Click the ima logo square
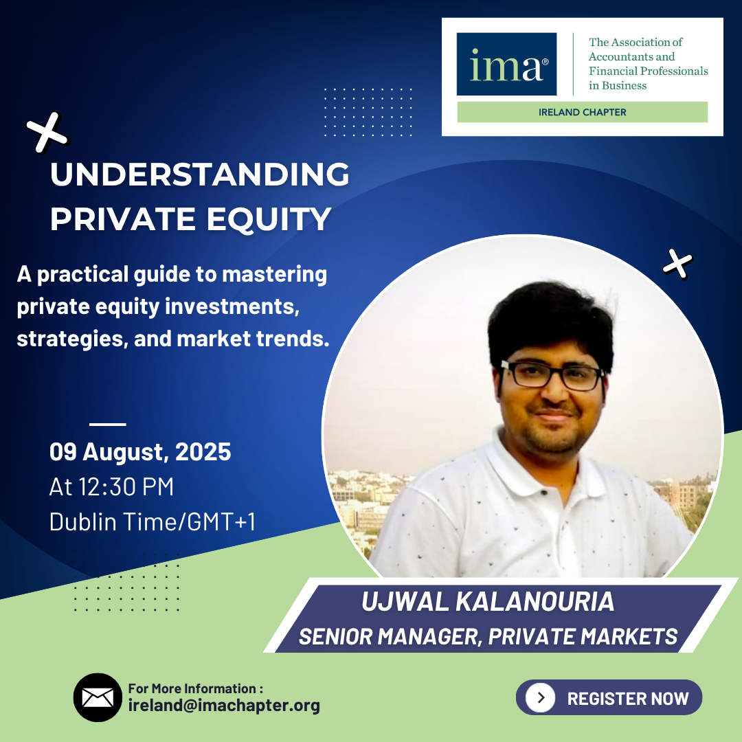[506, 64]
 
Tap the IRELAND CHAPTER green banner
[582, 112]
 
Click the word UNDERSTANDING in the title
[200, 174]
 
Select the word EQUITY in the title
[269, 218]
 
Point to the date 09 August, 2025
[140, 451]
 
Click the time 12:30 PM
[126, 486]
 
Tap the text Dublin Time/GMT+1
[153, 521]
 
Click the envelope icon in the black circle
[98, 697]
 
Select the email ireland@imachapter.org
[224, 705]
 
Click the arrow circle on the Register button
[541, 697]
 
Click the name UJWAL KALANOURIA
[487, 601]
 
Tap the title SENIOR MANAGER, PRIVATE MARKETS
[488, 636]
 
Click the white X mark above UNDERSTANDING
[47, 133]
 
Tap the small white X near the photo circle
[677, 264]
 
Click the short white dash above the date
[107, 424]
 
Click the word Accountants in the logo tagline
[631, 57]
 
